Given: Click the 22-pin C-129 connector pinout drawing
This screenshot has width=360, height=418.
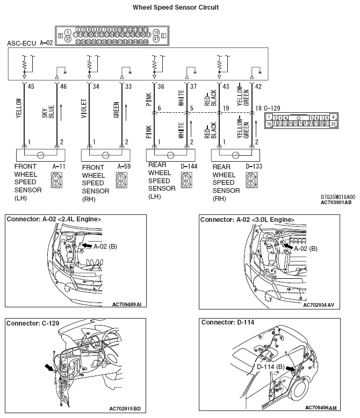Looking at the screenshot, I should pyautogui.click(x=301, y=121).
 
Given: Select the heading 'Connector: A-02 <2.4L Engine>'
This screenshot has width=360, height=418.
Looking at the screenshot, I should pyautogui.click(x=54, y=220).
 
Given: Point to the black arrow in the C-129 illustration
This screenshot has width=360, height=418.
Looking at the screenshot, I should pyautogui.click(x=49, y=367).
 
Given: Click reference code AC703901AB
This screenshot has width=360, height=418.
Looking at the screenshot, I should pyautogui.click(x=336, y=203).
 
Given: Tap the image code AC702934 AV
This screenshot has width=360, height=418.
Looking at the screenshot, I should pyautogui.click(x=319, y=305).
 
